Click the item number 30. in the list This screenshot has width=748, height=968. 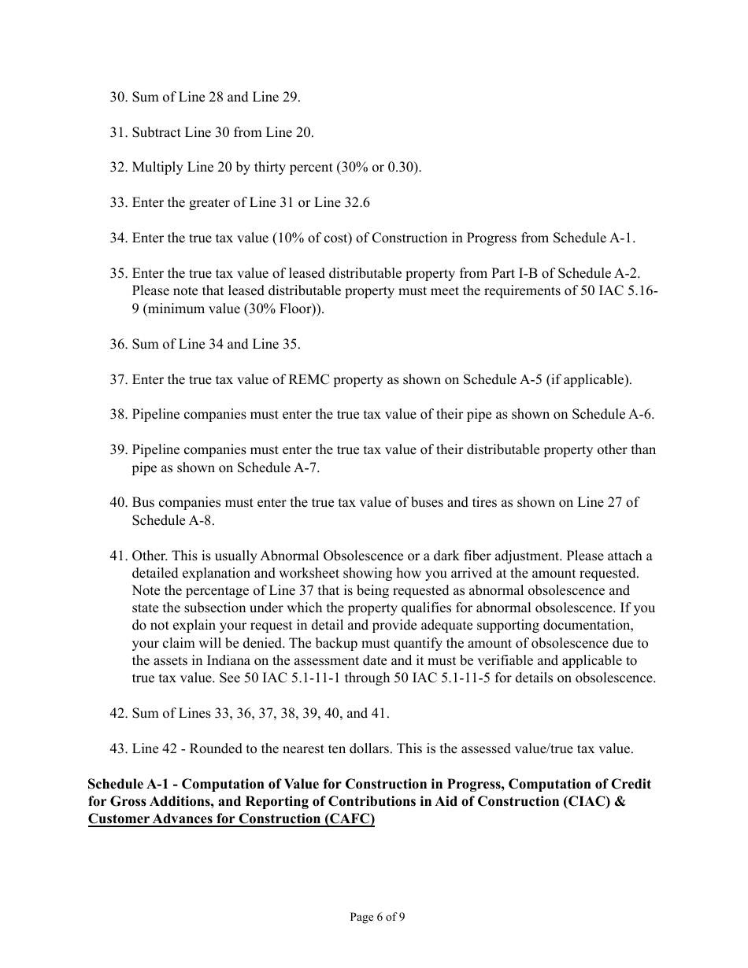coord(118,98)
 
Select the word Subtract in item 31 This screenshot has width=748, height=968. coord(157,132)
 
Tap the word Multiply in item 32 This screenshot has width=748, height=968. coord(157,168)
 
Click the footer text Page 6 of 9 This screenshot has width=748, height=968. coord(378,916)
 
